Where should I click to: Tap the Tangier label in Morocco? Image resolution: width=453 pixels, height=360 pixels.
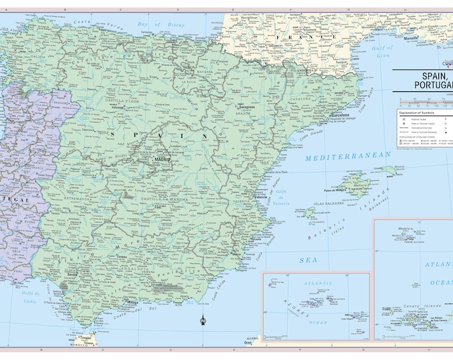pos(86,339)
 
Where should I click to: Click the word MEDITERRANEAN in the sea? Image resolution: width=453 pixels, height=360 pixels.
pos(348,157)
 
